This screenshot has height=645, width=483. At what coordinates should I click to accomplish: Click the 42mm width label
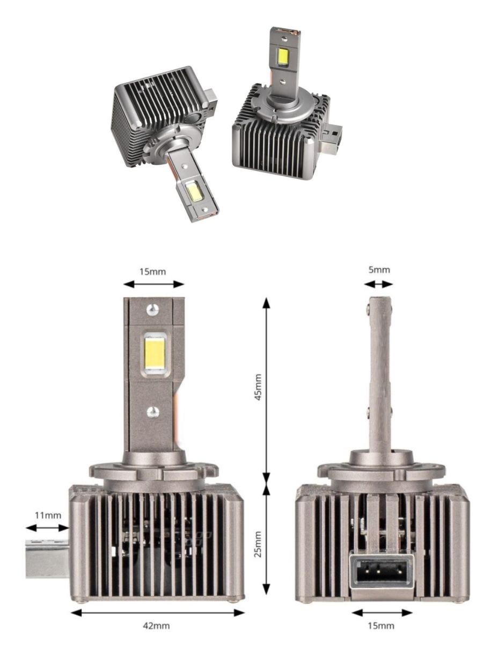[157, 626]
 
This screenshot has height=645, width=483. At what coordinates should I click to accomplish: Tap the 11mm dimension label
[47, 515]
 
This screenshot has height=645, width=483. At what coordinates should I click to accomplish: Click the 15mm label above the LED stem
[153, 271]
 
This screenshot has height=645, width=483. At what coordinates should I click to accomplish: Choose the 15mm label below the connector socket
[382, 625]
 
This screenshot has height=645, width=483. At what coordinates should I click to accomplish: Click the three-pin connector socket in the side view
[382, 572]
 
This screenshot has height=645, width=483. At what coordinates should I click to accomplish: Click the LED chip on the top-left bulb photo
[194, 190]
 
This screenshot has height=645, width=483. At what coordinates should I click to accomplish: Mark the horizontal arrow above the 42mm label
[157, 613]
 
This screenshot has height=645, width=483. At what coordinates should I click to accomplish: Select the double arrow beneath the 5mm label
[380, 284]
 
